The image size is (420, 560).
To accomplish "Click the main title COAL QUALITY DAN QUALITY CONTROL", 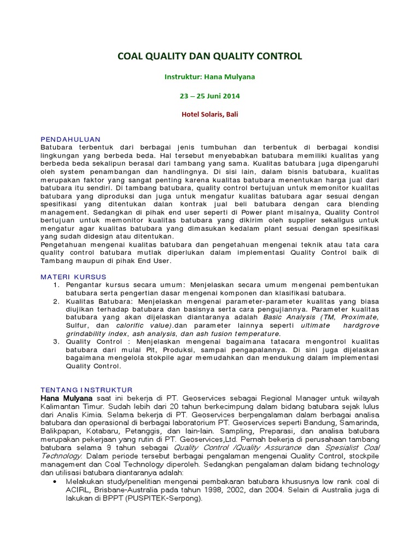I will point(210,56).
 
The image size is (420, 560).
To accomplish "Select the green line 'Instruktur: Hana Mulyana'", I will point(210,77).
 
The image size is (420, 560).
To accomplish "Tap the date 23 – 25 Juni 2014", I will point(210,96).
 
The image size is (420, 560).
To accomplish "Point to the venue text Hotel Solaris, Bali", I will point(210,114).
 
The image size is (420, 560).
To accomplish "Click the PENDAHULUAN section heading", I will point(71,139).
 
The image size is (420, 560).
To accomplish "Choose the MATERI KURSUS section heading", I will point(74,277).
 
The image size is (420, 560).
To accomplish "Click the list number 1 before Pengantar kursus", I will point(56,285).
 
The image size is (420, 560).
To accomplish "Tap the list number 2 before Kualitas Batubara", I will point(56,301).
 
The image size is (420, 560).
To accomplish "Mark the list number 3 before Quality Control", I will point(56,342).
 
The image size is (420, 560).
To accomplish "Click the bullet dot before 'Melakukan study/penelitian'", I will point(56,481).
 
